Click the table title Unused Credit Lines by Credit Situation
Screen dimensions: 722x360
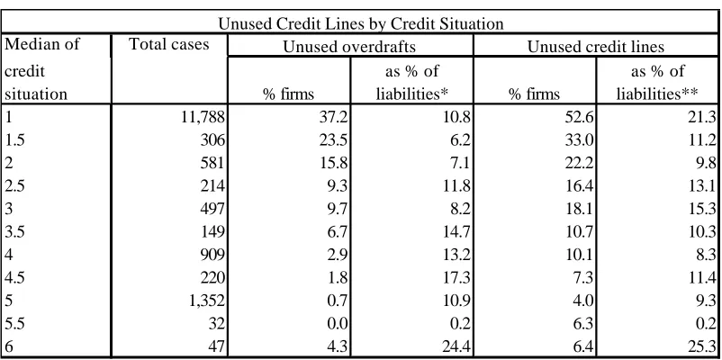click(360, 23)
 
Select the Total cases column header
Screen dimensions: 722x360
click(169, 44)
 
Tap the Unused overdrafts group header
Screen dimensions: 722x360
click(349, 47)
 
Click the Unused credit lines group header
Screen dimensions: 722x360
click(595, 47)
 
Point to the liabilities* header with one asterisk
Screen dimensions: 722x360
click(412, 94)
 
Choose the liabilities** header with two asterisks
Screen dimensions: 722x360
click(657, 94)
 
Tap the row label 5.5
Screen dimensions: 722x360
click(14, 323)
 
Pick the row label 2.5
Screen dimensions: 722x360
click(14, 186)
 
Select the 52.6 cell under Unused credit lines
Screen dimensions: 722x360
click(581, 118)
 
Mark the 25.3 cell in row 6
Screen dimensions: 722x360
click(703, 346)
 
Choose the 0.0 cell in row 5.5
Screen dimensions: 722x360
click(337, 323)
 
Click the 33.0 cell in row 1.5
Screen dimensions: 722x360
click(581, 141)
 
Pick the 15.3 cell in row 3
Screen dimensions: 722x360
click(703, 209)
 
